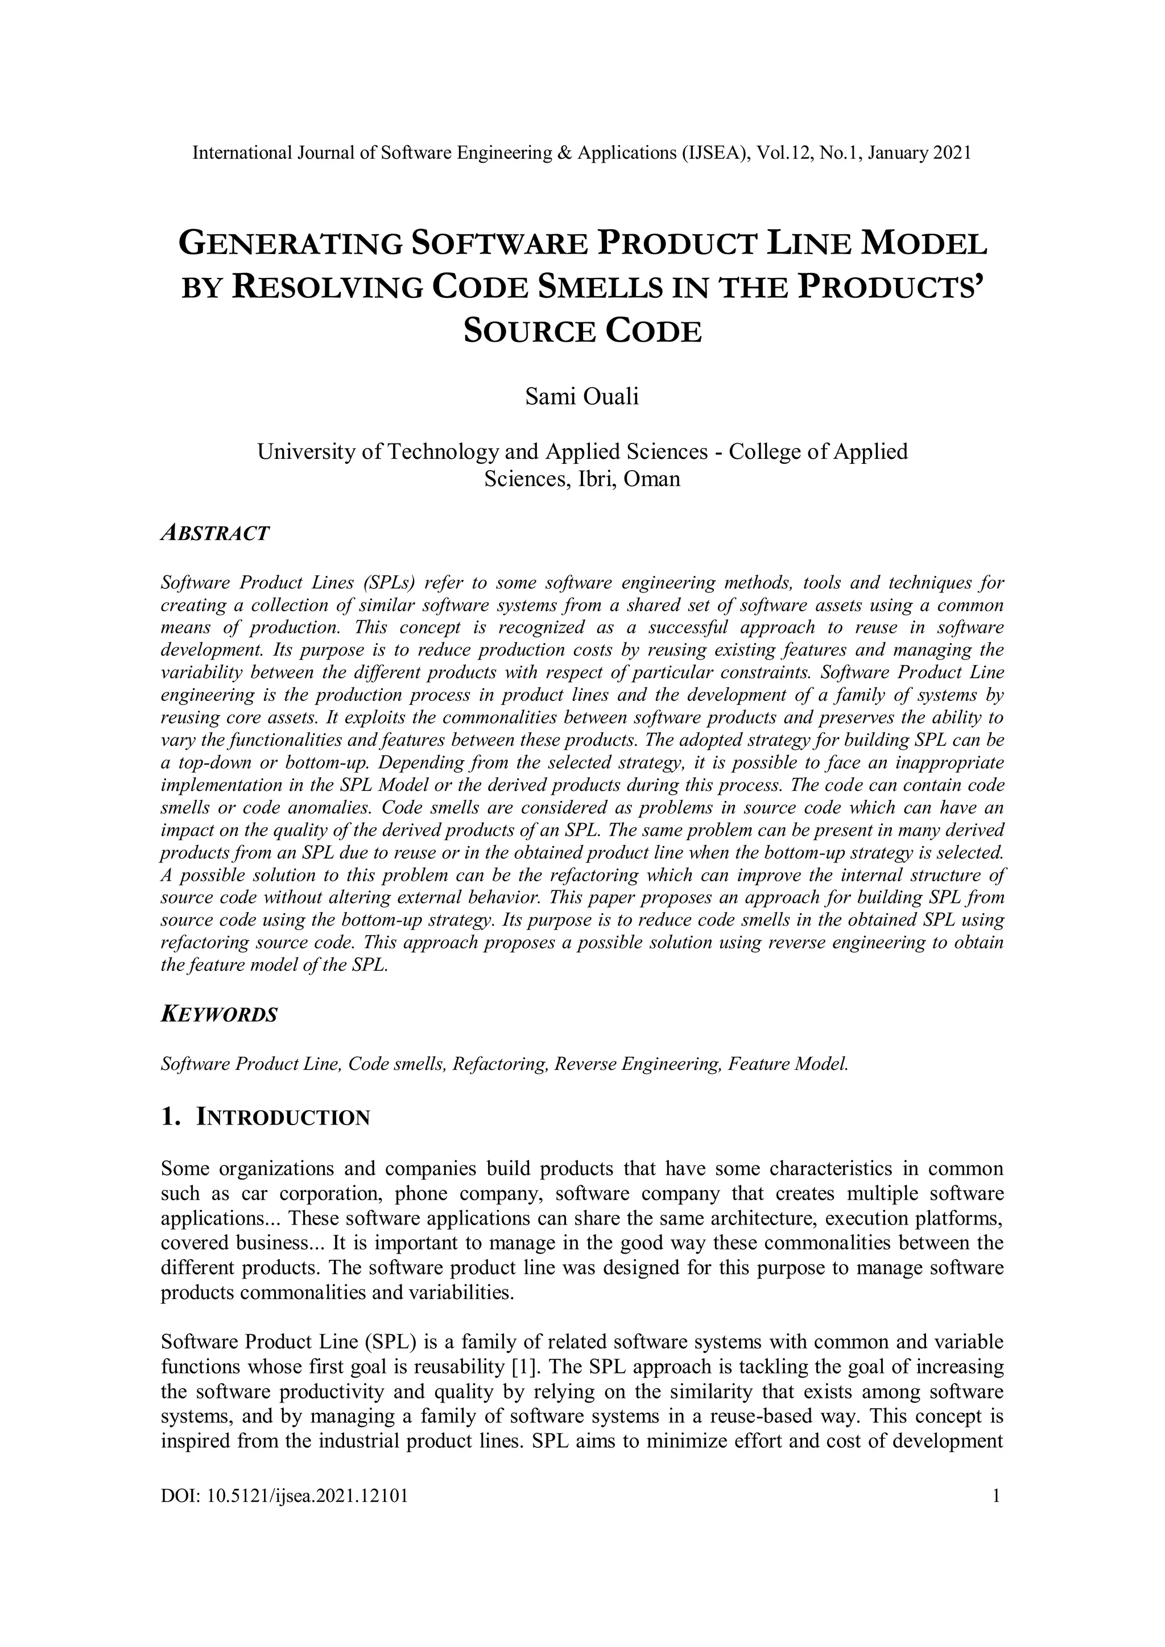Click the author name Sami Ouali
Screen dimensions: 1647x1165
[581, 396]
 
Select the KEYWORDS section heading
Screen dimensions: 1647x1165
[219, 1015]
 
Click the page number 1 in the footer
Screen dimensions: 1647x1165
[995, 1496]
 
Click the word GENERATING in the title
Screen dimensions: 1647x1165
[290, 244]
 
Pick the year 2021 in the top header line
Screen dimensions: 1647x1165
[952, 153]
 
